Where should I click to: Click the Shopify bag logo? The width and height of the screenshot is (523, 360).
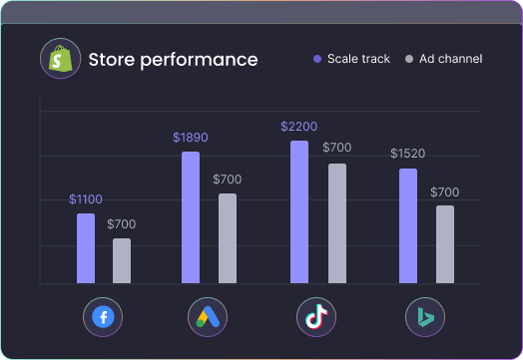click(59, 59)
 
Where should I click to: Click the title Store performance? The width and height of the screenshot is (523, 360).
click(173, 60)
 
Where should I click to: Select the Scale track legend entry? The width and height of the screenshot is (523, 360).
click(351, 59)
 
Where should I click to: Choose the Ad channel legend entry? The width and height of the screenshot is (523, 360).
click(444, 59)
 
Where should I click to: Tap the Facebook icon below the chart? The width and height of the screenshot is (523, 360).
click(103, 318)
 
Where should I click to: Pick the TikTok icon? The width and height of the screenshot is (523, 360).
click(316, 318)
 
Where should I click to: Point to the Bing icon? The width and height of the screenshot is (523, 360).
click(425, 318)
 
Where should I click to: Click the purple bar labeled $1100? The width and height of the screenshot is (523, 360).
click(86, 248)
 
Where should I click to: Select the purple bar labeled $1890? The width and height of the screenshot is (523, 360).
click(191, 217)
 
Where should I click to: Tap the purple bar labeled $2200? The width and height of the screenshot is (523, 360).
click(299, 212)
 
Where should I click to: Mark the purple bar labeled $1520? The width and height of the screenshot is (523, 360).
click(408, 226)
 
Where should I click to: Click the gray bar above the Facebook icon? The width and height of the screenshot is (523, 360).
click(122, 261)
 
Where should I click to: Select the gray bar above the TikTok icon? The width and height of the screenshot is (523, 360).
click(337, 223)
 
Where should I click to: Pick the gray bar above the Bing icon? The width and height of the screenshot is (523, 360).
click(444, 244)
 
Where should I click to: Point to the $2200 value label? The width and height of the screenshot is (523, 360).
click(299, 127)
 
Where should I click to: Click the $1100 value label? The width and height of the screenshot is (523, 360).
click(86, 199)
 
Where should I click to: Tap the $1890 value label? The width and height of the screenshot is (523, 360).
click(191, 138)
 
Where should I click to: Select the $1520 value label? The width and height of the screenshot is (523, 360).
click(408, 154)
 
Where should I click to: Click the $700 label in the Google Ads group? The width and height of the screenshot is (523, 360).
click(228, 180)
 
